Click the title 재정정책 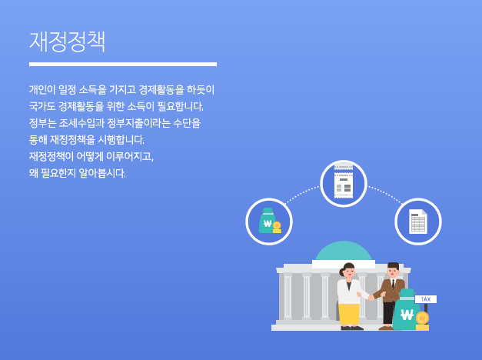(x=68, y=42)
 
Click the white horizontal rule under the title (x=123, y=65)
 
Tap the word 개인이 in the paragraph (x=42, y=90)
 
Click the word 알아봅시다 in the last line (x=102, y=173)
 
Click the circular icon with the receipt (x=344, y=183)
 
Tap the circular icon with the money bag (x=269, y=222)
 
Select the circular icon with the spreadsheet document (x=418, y=222)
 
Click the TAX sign (x=426, y=299)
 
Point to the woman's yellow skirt (x=349, y=314)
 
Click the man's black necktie (x=393, y=285)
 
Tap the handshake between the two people (x=371, y=297)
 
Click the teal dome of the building (x=344, y=251)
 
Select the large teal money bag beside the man (x=406, y=310)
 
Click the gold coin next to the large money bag (x=422, y=318)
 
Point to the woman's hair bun (x=341, y=272)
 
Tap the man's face (x=393, y=272)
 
